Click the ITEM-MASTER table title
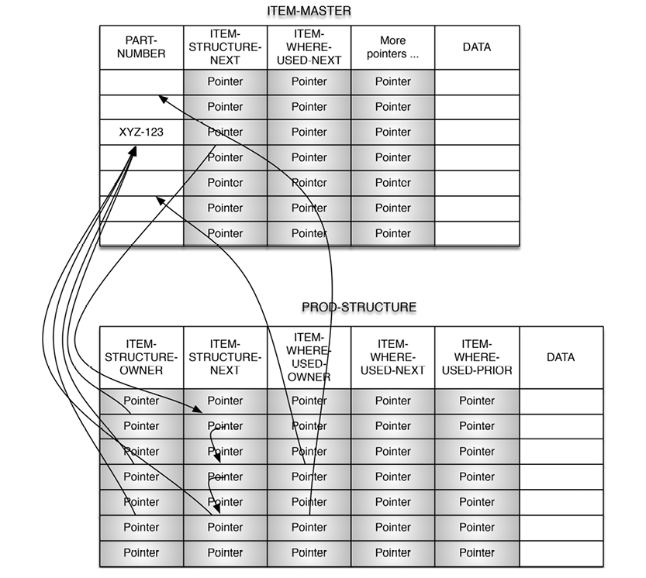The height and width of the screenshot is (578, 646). coord(309,11)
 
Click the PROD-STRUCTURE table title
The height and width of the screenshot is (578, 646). coord(358,307)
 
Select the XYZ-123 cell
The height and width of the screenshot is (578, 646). coord(141,132)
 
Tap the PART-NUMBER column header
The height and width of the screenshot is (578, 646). coord(141,46)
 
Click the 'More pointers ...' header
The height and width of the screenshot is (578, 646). coord(392,46)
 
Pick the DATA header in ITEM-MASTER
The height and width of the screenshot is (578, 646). coord(476,46)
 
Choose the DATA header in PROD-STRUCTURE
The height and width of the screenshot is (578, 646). coord(560,357)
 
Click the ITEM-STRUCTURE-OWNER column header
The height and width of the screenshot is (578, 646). coord(141,357)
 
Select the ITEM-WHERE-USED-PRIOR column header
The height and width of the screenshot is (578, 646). coord(476,357)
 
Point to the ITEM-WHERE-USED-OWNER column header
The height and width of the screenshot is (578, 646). coord(309,357)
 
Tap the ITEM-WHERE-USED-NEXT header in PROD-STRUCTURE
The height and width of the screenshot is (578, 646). coord(392,357)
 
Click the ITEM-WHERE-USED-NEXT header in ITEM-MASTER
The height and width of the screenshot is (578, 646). coord(309,46)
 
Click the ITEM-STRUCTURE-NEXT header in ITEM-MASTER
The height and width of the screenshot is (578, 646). coord(225,46)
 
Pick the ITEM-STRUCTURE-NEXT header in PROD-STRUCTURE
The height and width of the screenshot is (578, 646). coord(225,357)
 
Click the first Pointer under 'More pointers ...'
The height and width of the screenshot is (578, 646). coord(392,81)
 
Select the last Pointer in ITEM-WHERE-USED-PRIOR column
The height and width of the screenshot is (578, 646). coord(476,552)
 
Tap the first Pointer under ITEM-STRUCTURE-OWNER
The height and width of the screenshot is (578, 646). coord(141,401)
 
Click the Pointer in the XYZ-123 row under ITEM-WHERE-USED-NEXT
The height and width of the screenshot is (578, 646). coord(309,132)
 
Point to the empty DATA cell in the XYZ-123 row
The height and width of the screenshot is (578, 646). coord(476,132)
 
